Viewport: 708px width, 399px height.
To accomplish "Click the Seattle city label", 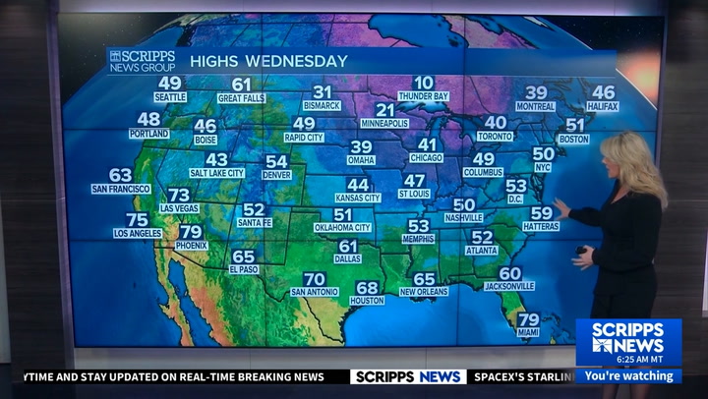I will click(170, 97).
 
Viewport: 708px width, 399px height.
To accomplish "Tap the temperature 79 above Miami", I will click(528, 319).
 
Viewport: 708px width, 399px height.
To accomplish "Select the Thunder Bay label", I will click(423, 96).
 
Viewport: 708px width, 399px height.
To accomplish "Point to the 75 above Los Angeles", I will click(138, 220).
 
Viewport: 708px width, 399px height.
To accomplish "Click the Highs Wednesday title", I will click(268, 61).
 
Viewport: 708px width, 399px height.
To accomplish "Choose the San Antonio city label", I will click(315, 292).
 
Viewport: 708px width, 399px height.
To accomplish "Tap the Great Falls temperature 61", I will click(241, 85).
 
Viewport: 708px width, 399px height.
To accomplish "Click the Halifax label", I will click(603, 105).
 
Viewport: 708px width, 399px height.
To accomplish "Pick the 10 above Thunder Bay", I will click(423, 84).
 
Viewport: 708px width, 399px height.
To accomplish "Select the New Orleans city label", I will click(424, 292).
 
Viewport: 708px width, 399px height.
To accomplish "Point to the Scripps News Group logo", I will click(142, 61).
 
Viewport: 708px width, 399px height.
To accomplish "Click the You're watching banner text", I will click(628, 375).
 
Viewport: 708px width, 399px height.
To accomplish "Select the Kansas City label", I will click(358, 198).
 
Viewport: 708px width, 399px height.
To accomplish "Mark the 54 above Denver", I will click(276, 161).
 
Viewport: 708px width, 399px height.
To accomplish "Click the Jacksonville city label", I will click(509, 286).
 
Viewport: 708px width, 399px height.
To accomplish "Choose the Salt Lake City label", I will click(216, 173).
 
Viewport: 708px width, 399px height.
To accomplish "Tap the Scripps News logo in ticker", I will click(408, 376).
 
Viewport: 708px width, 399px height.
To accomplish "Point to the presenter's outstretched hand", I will click(560, 206).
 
